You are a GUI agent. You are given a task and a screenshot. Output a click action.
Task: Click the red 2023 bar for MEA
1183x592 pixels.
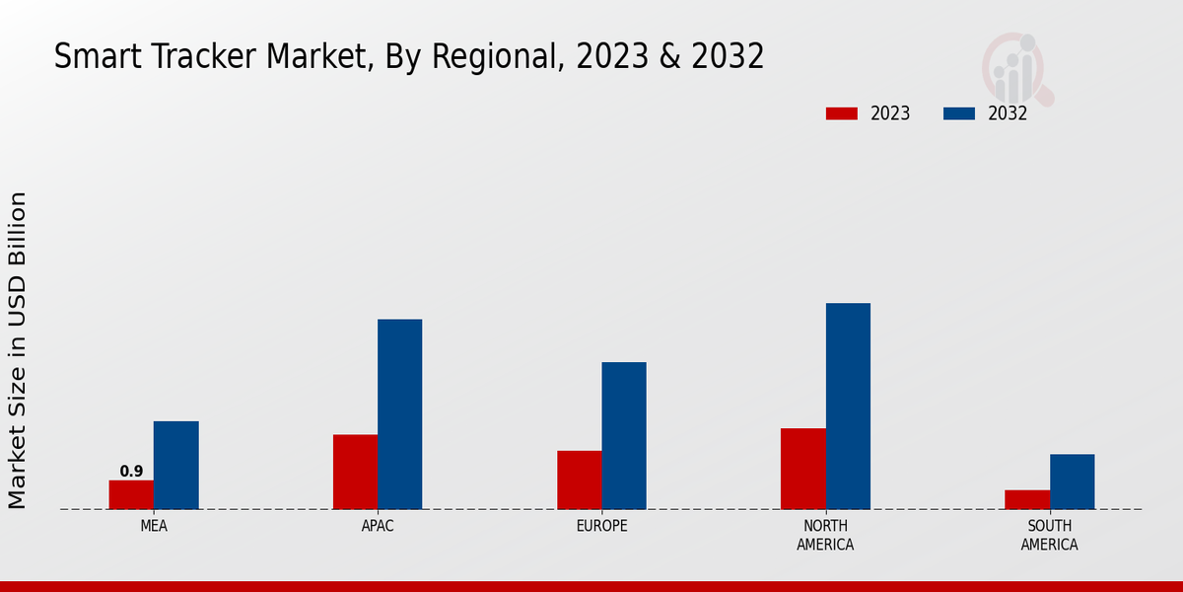point(131,494)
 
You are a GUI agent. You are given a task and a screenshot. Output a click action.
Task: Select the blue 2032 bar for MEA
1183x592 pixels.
point(175,465)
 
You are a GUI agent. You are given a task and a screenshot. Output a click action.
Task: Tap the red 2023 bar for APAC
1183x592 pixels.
point(355,472)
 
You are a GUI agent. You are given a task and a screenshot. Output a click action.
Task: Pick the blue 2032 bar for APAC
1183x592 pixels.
point(399,414)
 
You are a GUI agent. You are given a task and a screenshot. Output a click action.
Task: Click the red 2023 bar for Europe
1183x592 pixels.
point(579,480)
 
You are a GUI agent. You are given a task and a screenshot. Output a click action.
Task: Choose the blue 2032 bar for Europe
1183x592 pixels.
point(624,435)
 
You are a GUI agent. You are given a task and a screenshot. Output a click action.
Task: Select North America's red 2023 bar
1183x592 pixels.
point(802,469)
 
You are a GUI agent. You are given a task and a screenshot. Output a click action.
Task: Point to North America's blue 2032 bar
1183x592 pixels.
point(848,406)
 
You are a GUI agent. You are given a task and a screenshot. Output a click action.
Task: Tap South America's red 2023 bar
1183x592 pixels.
point(1026,499)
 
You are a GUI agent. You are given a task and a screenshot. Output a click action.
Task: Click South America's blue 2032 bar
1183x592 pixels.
point(1072,481)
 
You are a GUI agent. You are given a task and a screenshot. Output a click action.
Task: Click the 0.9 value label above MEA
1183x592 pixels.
point(131,472)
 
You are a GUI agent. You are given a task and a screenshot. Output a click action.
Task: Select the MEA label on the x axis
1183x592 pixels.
point(154,526)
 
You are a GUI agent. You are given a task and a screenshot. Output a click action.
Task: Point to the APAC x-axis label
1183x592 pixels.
point(378,526)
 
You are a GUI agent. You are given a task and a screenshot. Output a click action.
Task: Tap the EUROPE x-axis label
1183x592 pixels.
point(601,526)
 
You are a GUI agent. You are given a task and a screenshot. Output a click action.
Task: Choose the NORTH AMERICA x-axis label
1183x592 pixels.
point(826,535)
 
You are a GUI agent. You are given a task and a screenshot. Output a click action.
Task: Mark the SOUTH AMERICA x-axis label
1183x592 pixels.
point(1049,535)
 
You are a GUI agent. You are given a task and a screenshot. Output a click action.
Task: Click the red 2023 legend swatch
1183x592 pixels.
point(841,113)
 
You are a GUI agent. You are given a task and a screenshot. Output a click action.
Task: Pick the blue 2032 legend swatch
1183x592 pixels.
point(958,113)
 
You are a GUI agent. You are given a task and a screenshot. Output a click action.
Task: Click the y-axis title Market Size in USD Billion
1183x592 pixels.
point(18,350)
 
